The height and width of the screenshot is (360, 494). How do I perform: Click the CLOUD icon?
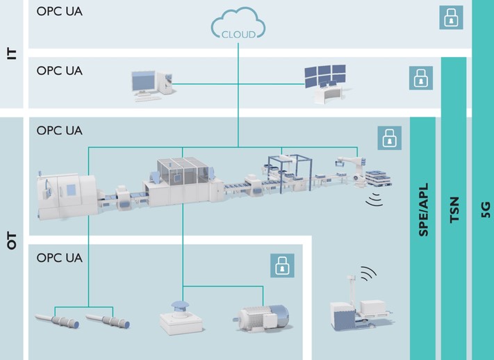click(x=238, y=24)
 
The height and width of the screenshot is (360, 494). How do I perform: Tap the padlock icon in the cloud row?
click(x=451, y=17)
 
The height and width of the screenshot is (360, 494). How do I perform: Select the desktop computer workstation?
click(x=152, y=85)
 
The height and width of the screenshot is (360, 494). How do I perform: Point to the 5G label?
click(x=486, y=210)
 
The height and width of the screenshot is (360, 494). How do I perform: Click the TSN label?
click(x=454, y=210)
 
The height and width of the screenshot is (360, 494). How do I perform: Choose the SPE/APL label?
click(x=423, y=210)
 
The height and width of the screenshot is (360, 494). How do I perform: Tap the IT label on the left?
click(x=12, y=54)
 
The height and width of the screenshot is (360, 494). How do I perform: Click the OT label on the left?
click(x=12, y=241)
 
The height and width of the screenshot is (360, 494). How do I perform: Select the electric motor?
click(x=261, y=318)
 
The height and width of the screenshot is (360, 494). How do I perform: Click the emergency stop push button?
click(x=181, y=318)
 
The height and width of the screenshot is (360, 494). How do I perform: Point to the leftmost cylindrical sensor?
click(x=57, y=320)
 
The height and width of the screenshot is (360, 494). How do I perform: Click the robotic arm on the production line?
click(x=352, y=170)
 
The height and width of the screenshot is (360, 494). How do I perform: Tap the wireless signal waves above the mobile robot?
click(x=369, y=273)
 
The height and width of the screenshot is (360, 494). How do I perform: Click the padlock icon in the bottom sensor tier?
click(x=282, y=265)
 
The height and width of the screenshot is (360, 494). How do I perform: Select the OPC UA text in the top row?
click(x=60, y=11)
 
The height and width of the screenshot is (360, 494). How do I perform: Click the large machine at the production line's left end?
click(x=67, y=195)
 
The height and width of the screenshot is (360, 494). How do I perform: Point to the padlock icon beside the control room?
click(x=421, y=78)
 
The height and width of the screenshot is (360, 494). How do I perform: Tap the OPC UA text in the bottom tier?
click(x=60, y=258)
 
